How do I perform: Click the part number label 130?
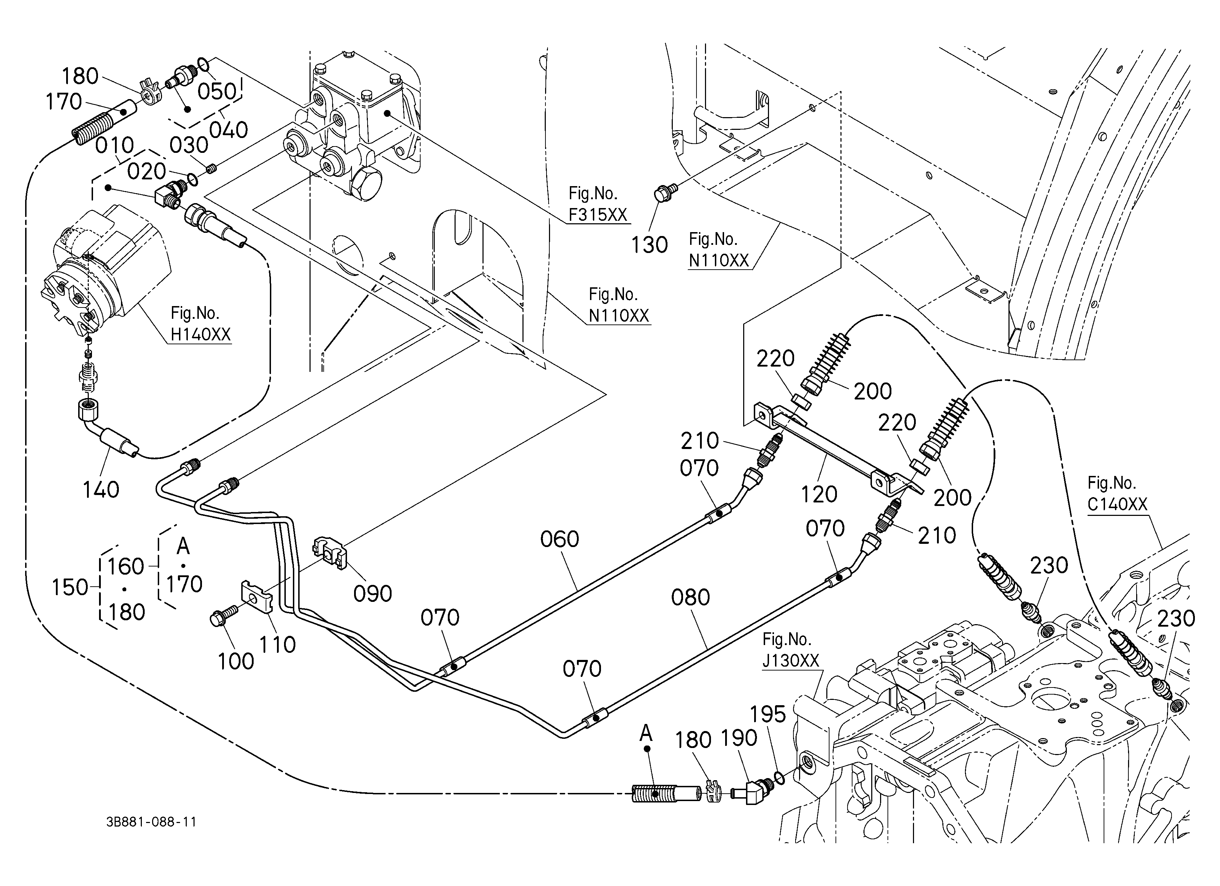coord(649,245)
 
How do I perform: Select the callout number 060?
coord(560,539)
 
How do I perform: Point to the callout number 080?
coord(691,598)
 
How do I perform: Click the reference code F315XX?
coord(598,215)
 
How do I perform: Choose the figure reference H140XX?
coord(201,335)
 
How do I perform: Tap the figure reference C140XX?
coord(1117,504)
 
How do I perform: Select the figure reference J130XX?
coord(791,660)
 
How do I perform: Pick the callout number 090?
coord(372,594)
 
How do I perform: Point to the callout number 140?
coord(101,490)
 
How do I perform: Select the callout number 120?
coord(819,494)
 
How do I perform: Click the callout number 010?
coord(115,145)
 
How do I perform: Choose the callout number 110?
coord(278,644)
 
